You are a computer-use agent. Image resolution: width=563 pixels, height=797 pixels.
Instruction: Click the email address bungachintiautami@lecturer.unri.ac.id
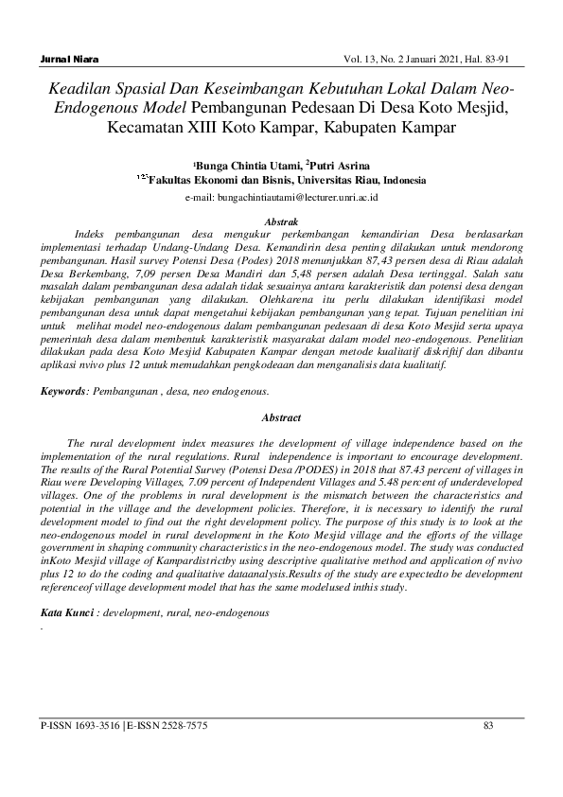pos(284,198)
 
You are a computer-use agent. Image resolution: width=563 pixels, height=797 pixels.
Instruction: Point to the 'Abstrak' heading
pos(281,220)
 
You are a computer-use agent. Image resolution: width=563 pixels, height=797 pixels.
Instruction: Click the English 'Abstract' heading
pos(281,418)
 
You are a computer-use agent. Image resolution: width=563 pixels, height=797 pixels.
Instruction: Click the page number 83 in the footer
pos(489,726)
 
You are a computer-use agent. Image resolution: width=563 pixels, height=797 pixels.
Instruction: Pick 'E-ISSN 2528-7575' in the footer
pos(167,726)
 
